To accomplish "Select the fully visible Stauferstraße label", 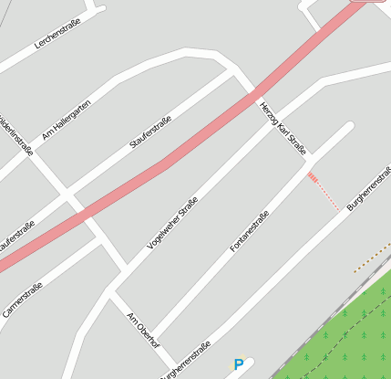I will click(x=150, y=130).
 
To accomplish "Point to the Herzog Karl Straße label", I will click(x=283, y=128).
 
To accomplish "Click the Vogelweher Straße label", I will click(x=172, y=223).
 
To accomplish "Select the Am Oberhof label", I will click(x=143, y=329).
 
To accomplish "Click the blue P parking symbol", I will click(x=239, y=365).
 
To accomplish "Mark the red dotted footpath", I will click(x=324, y=192).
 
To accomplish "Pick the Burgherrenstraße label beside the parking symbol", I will click(x=185, y=360).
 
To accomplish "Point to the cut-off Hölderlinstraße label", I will click(x=20, y=138).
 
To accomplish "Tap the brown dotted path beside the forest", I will click(x=371, y=257).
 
